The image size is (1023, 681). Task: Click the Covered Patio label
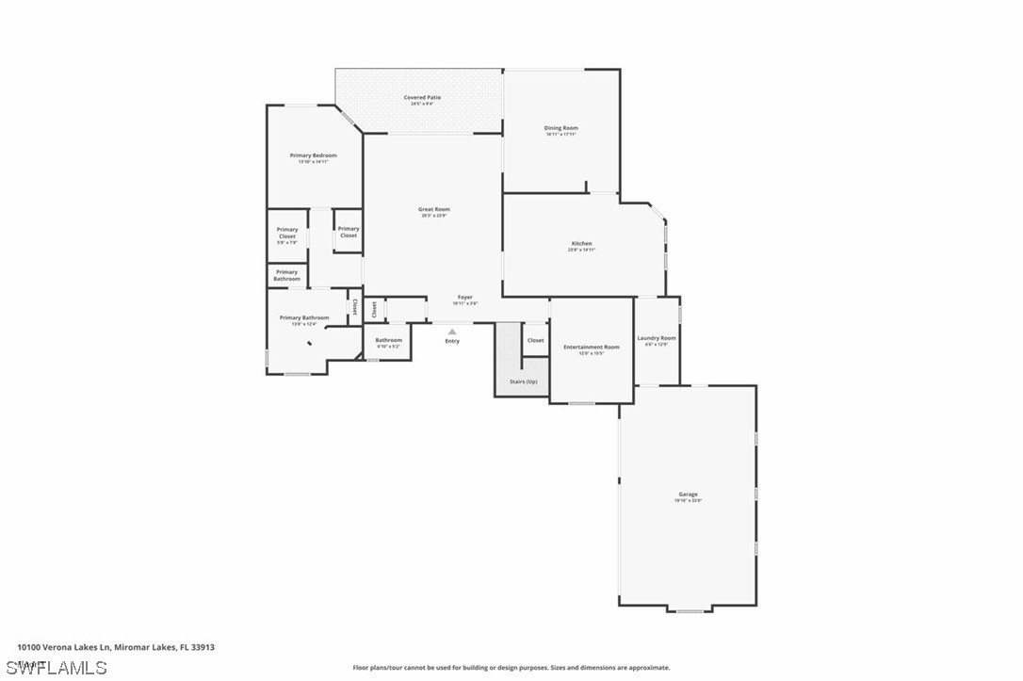point(422,97)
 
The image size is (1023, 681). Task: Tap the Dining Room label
point(560,127)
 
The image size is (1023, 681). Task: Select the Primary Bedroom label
point(313,154)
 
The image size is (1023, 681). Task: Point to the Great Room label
point(434,209)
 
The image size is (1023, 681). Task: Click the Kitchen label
point(581,243)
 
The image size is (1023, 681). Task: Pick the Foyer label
point(465,297)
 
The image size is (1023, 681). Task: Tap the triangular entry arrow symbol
point(452,331)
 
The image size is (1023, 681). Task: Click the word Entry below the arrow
point(452,341)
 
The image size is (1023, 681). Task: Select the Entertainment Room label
point(592,347)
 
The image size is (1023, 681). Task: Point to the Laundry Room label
point(657,337)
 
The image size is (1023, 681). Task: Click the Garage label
point(688,494)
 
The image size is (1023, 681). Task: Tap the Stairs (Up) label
point(523,381)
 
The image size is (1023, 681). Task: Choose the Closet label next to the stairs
point(535,340)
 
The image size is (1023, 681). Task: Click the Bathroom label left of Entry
point(388,340)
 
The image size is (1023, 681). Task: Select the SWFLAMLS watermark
point(57,668)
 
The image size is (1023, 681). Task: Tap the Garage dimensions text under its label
point(688,501)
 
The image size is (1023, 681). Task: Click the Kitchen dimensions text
point(581,251)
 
